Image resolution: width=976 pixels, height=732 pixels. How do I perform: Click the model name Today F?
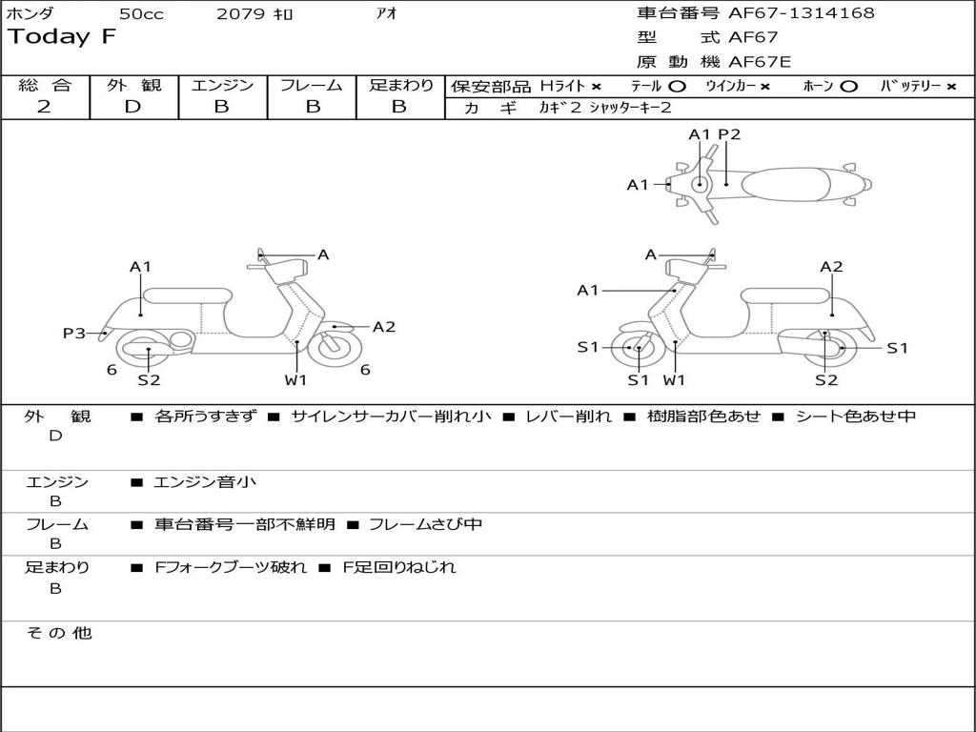coord(62,37)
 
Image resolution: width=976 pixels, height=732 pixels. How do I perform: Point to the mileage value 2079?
coord(241,14)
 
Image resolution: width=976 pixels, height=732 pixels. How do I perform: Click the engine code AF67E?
coord(760,63)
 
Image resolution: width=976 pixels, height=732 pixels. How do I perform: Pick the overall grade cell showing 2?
coord(44,107)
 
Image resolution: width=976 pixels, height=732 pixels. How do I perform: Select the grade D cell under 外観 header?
coord(132,107)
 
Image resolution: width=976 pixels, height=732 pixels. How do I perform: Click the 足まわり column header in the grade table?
coord(400,86)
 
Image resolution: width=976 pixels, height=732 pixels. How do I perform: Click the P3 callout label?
coord(73,333)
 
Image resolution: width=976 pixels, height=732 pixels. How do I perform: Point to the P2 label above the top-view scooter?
coord(729,134)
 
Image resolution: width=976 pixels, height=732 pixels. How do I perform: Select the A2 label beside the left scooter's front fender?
coord(383,327)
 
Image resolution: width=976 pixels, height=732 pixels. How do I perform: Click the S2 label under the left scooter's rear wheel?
coord(149,380)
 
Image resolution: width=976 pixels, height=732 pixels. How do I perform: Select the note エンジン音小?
coord(205,482)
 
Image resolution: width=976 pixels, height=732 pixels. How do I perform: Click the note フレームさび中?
coord(425,524)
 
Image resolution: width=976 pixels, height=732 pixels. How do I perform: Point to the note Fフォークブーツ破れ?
coord(231,567)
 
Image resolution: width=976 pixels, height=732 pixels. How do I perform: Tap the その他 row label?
coord(58,633)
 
